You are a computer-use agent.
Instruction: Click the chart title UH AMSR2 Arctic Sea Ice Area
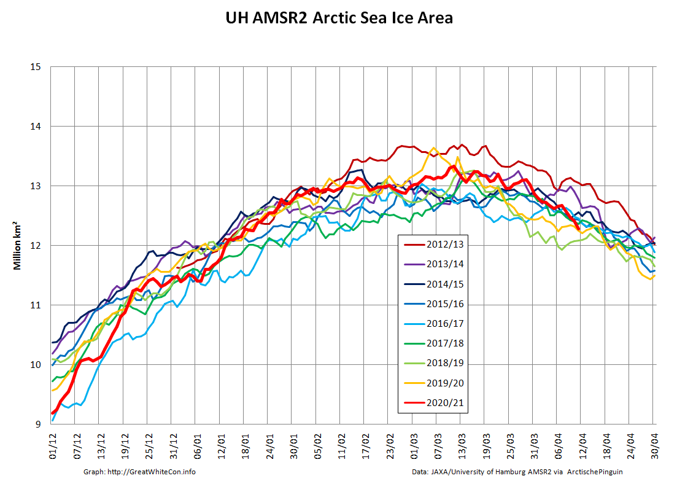338,18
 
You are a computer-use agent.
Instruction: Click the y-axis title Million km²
19,246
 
